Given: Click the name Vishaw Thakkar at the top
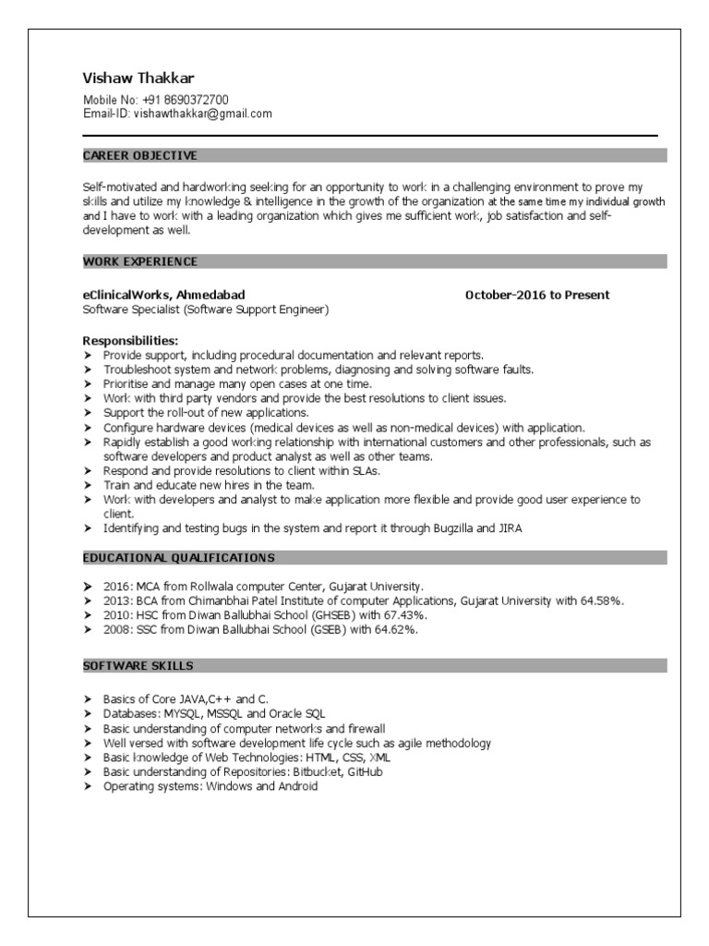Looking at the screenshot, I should coord(138,78).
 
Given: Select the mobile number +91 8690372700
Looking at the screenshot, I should coord(186,100).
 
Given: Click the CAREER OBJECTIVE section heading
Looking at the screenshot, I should coord(139,155).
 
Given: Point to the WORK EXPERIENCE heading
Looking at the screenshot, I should coord(140,261).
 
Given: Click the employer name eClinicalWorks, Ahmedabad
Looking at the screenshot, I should coord(164,295).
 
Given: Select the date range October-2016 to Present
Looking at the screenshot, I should coord(537,295).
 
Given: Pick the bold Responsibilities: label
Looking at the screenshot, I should coord(130,340).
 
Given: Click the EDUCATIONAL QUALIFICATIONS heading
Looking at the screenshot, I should coord(178,557).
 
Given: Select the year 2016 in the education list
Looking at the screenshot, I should coord(116,586).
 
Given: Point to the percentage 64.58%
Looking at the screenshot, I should coord(602,600).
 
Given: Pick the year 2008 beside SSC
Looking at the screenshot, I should coord(116,629).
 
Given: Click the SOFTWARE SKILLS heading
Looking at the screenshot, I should coord(138,665).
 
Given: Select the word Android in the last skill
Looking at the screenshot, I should coord(297,786).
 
